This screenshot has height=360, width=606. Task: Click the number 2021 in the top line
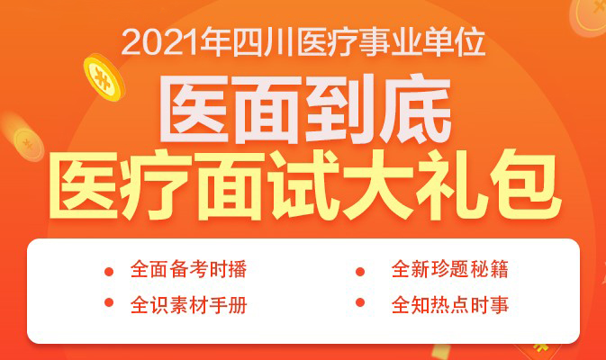coord(162,42)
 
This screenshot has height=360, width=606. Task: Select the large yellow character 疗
coord(158,185)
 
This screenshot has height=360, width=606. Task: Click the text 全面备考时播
coord(188,269)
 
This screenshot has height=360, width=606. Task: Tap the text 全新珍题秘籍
coord(450,269)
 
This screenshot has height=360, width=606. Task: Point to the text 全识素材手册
coord(188,305)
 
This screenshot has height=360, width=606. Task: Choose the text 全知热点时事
coord(450,305)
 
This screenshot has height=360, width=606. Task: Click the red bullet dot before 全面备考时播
coord(109,272)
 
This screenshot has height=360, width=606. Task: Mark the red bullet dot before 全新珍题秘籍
coord(360,272)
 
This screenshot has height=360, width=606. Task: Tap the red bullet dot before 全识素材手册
coord(109,302)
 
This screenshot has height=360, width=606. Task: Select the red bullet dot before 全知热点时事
coord(360,302)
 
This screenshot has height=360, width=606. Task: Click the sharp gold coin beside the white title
coord(104,77)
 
